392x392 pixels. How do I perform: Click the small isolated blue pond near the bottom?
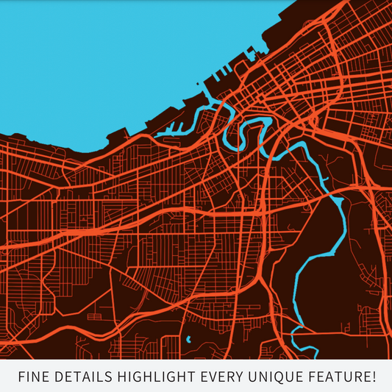point(189,340)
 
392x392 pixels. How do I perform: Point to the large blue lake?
point(96,59)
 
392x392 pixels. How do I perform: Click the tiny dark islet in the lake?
point(199,85)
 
